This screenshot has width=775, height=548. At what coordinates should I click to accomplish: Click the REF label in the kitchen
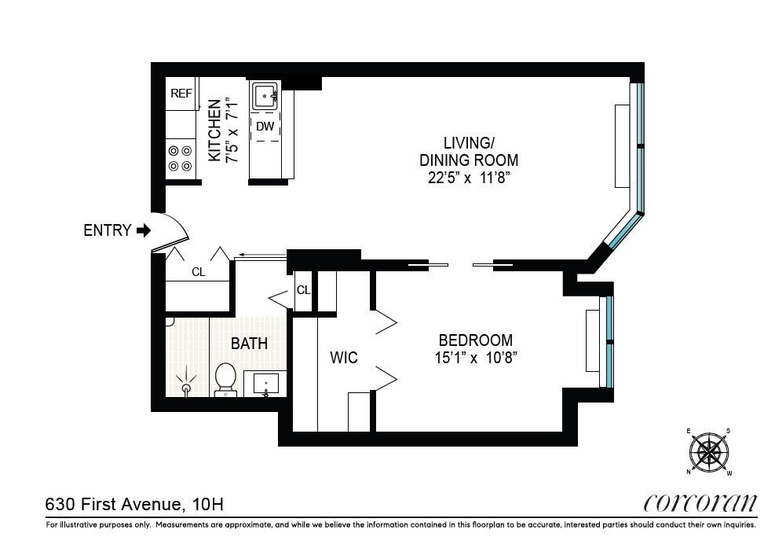[x=181, y=94]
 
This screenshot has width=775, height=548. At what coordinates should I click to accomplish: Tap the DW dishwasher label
[x=265, y=126]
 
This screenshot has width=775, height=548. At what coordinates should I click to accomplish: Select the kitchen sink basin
[x=265, y=97]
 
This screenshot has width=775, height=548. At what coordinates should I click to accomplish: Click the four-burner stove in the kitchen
[x=180, y=158]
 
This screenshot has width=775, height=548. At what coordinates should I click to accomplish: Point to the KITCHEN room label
[x=214, y=131]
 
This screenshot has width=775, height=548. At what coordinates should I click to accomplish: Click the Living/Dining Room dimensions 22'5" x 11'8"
[x=470, y=178]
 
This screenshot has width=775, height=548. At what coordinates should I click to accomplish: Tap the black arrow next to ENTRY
[x=143, y=230]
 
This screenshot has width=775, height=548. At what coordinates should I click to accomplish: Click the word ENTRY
[x=106, y=230]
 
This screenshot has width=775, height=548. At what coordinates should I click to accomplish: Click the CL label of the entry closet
[x=199, y=272]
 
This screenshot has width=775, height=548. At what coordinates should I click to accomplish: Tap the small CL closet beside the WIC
[x=303, y=290]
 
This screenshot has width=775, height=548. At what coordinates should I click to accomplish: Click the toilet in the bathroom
[x=225, y=380]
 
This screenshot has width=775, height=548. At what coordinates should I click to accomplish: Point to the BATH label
[x=249, y=344]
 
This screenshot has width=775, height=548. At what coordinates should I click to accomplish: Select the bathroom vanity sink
[x=265, y=384]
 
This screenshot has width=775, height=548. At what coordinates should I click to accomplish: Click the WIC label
[x=343, y=358]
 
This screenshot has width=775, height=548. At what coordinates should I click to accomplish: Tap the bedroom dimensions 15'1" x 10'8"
[x=475, y=358]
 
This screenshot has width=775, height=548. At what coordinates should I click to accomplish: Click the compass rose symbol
[x=709, y=452]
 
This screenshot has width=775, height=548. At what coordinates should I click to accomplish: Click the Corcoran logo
[x=700, y=503]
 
